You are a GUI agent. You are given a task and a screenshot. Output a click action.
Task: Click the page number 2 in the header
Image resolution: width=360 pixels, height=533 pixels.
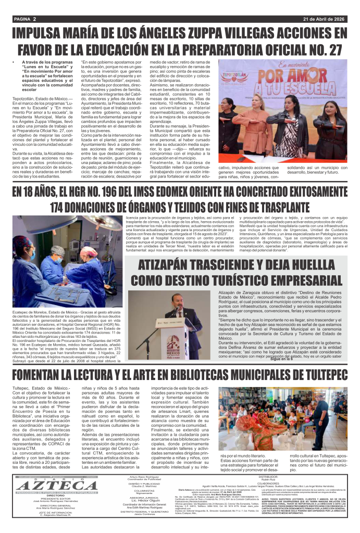point(34,19)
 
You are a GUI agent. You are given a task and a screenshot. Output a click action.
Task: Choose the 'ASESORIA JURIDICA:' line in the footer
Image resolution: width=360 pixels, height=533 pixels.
point(138,498)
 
